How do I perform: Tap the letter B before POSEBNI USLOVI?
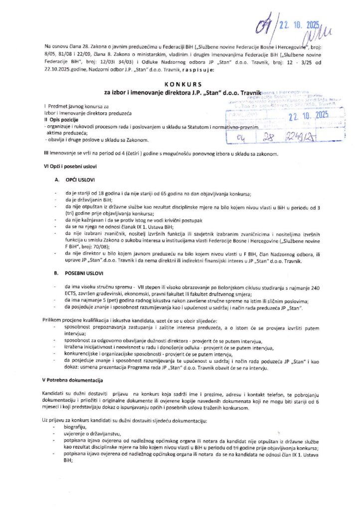coord(57,274)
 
